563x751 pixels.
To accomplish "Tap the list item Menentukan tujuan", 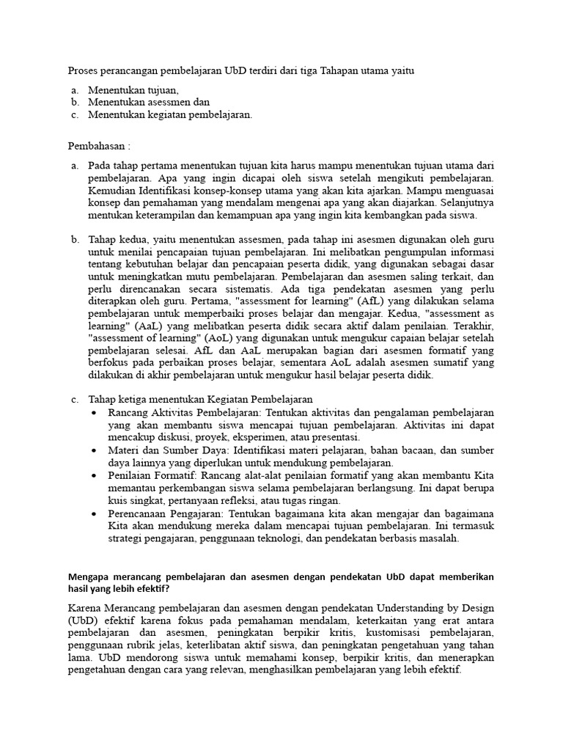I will point(133,89).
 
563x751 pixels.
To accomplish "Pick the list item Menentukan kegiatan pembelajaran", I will point(170,114).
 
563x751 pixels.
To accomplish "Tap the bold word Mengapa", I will point(90,577).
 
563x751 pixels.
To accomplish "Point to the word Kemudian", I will point(114,190).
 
